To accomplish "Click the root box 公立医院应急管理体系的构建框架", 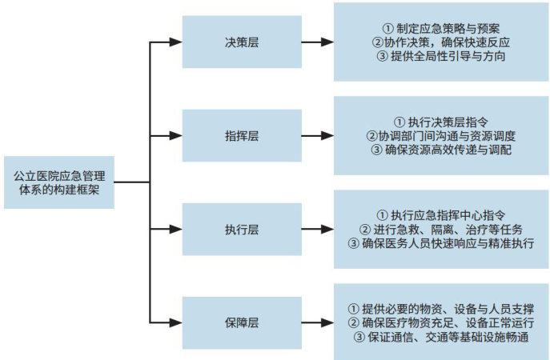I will (59, 180).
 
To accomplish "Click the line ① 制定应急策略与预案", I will (441, 26).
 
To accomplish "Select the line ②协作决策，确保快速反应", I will (441, 42).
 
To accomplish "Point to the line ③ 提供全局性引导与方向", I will (441, 57).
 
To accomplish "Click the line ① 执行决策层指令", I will (441, 121).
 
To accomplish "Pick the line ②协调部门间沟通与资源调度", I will (441, 136).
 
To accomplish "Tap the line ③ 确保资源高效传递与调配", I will (441, 151).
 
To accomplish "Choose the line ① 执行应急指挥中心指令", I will (441, 214).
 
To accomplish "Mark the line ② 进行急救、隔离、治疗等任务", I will (441, 230).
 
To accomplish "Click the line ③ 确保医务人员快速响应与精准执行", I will (441, 245).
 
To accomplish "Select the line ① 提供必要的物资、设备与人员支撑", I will (441, 308).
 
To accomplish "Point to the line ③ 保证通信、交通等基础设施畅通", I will (441, 338).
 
